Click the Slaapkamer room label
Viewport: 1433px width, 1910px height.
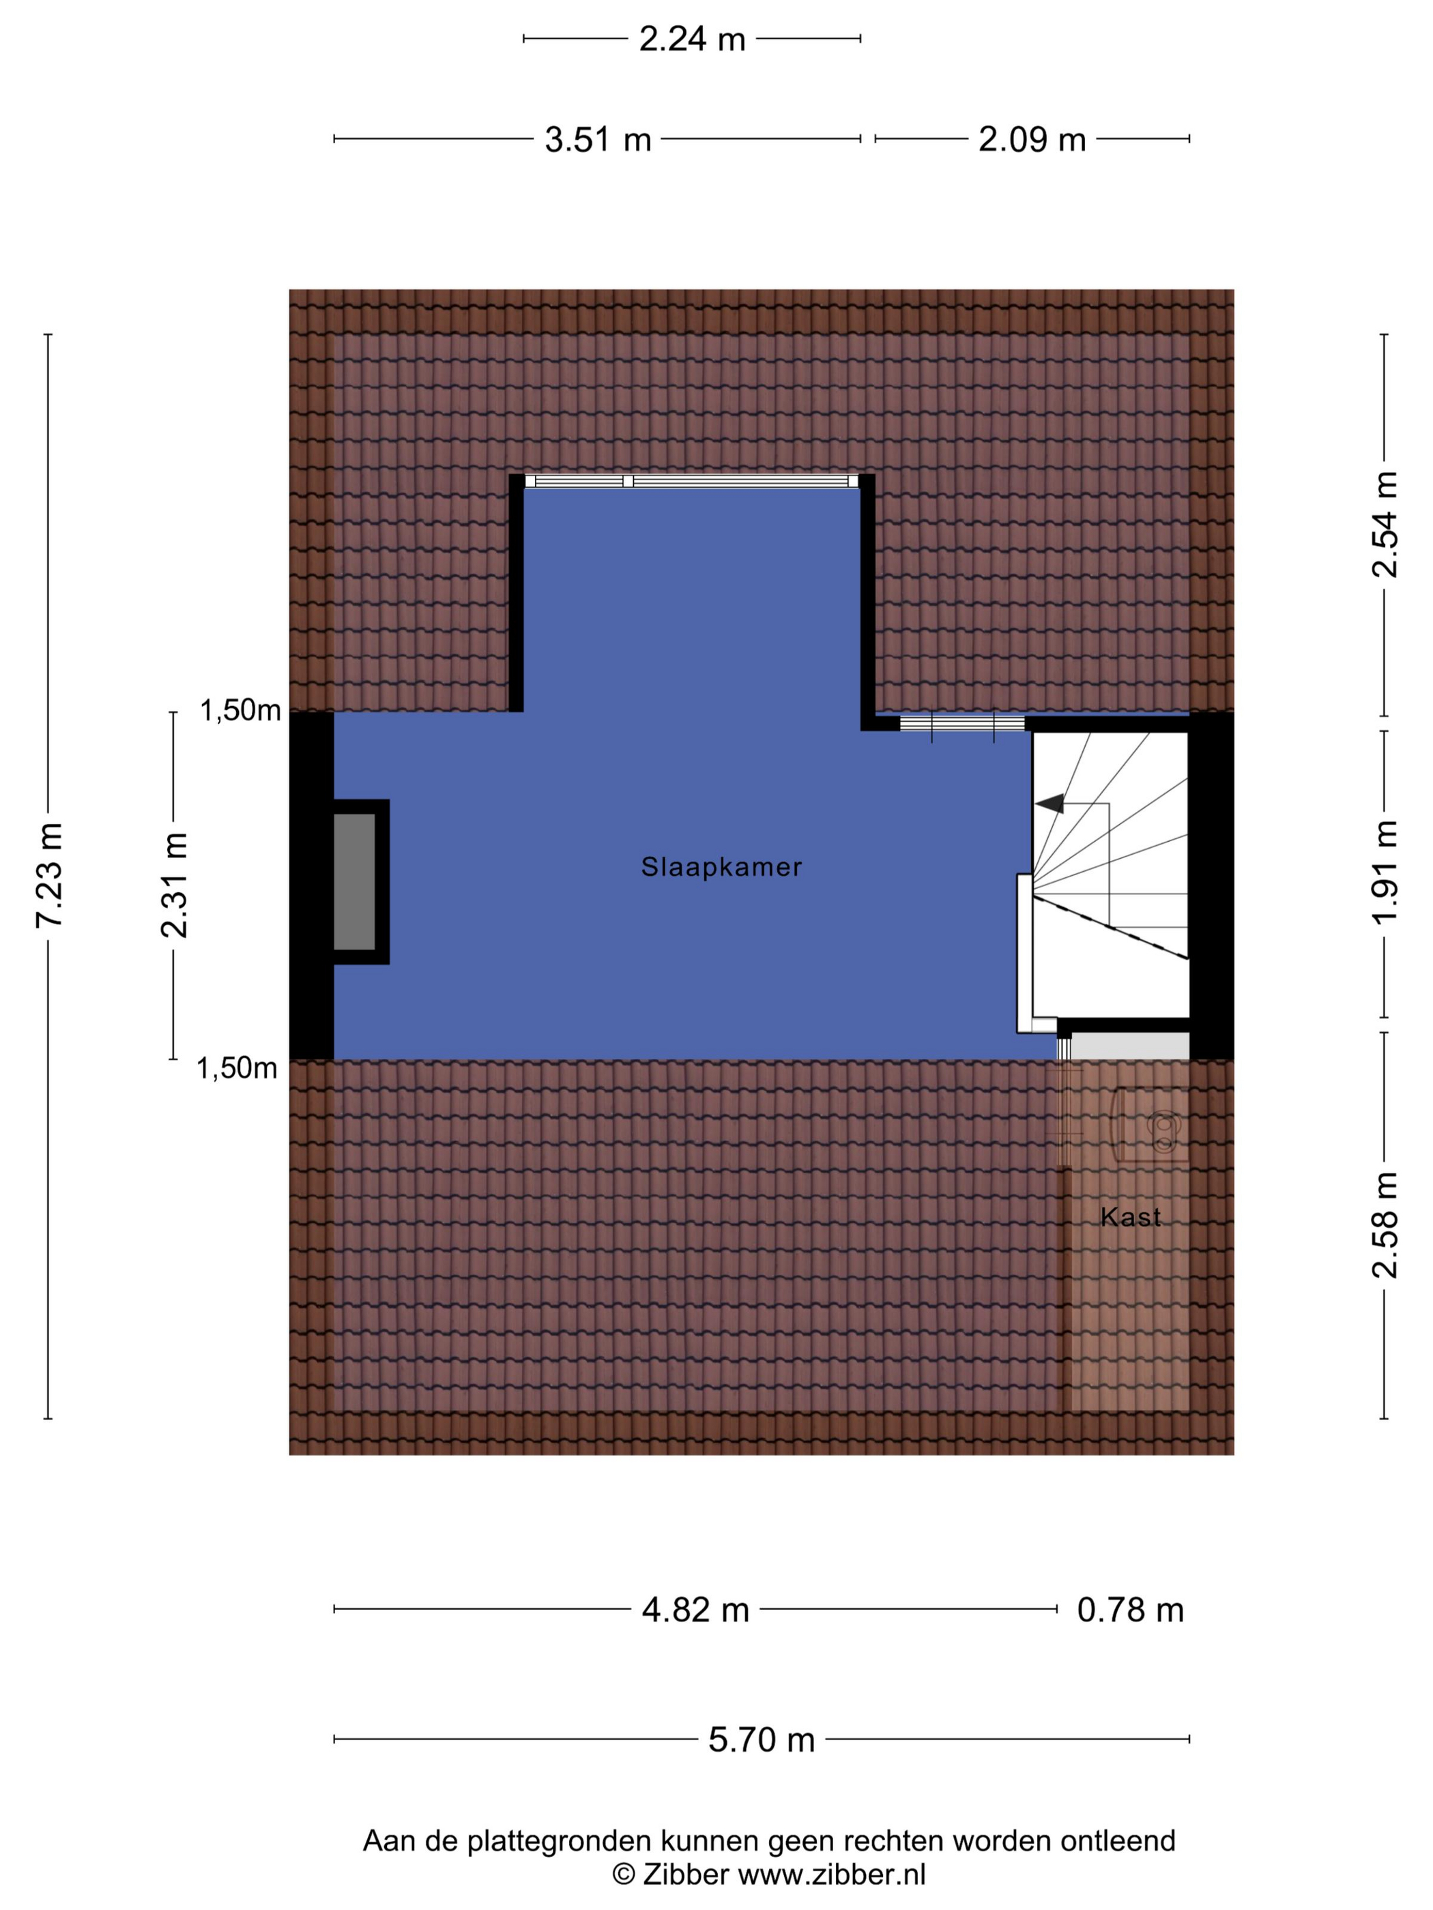(721, 867)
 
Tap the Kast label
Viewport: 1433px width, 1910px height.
(1131, 1217)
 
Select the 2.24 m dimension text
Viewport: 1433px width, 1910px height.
(692, 39)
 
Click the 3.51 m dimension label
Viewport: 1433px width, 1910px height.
(598, 139)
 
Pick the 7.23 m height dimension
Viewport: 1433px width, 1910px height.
(49, 876)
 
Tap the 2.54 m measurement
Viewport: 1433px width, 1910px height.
(1385, 524)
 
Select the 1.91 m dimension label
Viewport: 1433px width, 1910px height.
(1385, 872)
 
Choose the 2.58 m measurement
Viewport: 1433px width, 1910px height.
(1385, 1224)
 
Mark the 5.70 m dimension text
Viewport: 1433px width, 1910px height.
(762, 1739)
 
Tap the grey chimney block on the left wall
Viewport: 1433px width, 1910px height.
(354, 881)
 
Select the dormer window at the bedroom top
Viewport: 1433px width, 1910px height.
(692, 481)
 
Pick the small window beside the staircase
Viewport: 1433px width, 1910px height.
(962, 724)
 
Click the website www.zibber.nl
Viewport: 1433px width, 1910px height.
(831, 1874)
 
